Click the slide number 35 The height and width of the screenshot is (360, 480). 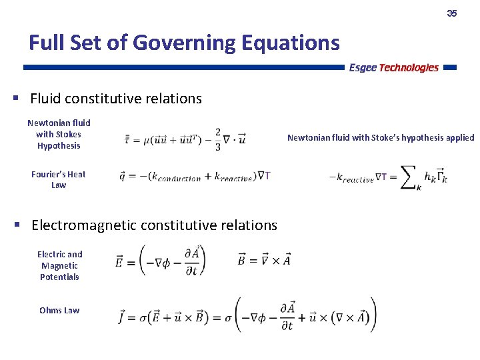pyautogui.click(x=451, y=13)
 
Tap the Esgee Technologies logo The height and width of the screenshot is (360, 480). pyautogui.click(x=393, y=67)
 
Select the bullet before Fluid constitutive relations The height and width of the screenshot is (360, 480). pyautogui.click(x=16, y=98)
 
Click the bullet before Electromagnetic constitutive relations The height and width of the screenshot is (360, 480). pyautogui.click(x=16, y=225)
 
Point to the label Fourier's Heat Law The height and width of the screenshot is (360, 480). pyautogui.click(x=59, y=179)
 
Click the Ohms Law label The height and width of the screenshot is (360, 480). pyautogui.click(x=59, y=310)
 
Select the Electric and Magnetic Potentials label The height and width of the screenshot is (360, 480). pyautogui.click(x=59, y=265)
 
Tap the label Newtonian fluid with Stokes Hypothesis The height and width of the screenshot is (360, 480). pyautogui.click(x=59, y=134)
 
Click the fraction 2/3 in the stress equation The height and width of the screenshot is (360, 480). pyautogui.click(x=217, y=139)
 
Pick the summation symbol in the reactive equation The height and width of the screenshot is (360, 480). pyautogui.click(x=409, y=176)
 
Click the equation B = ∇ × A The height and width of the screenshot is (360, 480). pyautogui.click(x=264, y=260)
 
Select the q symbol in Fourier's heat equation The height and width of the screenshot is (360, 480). pyautogui.click(x=123, y=177)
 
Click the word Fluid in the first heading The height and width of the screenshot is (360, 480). pyautogui.click(x=45, y=99)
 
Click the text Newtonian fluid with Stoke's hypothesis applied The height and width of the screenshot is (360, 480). pyautogui.click(x=381, y=138)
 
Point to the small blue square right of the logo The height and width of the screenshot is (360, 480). pyautogui.click(x=449, y=67)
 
